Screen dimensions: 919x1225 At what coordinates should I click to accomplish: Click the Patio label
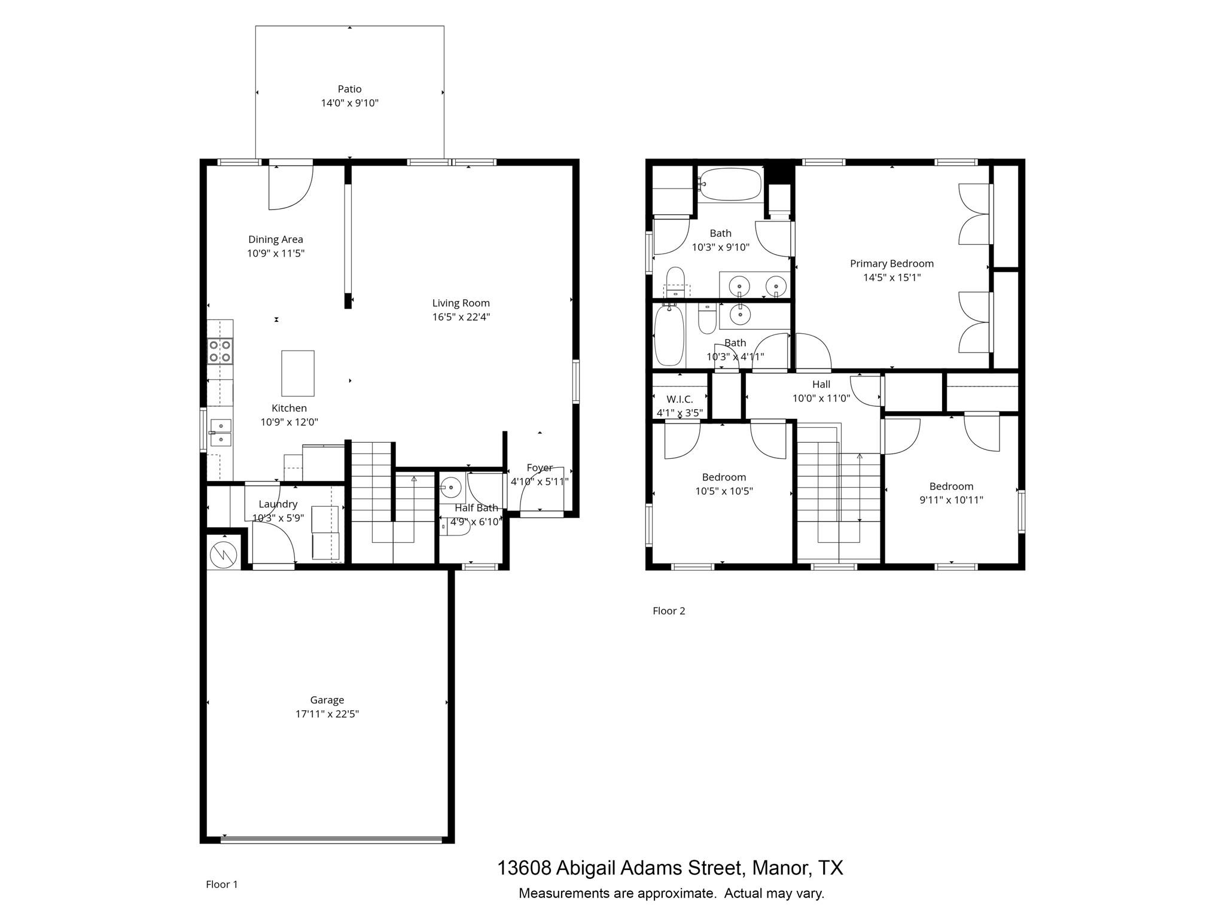pos(349,89)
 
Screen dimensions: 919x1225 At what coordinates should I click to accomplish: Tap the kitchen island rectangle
pos(298,373)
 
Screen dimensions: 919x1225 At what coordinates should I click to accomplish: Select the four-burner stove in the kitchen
pos(220,351)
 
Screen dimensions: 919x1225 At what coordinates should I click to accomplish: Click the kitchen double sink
pos(221,433)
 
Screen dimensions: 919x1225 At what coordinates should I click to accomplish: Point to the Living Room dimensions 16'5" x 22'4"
pos(461,317)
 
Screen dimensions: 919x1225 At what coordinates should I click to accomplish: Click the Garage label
pos(327,699)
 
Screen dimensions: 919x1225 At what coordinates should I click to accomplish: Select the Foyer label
pos(539,468)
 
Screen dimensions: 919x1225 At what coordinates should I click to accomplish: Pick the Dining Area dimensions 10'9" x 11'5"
pos(276,253)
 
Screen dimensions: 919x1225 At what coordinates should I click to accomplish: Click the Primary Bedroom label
pos(891,263)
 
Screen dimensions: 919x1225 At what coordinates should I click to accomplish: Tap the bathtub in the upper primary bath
pos(730,183)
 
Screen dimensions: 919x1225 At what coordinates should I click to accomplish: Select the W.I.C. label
pos(679,399)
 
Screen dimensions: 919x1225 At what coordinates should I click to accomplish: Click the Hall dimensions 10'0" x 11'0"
pos(821,398)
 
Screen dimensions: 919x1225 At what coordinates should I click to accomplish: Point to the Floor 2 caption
pos(669,611)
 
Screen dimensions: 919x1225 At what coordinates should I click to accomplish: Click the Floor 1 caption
pos(222,884)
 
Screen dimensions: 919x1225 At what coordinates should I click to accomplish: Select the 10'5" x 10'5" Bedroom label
pos(724,477)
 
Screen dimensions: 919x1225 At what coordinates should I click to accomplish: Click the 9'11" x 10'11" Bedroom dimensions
pos(951,500)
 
